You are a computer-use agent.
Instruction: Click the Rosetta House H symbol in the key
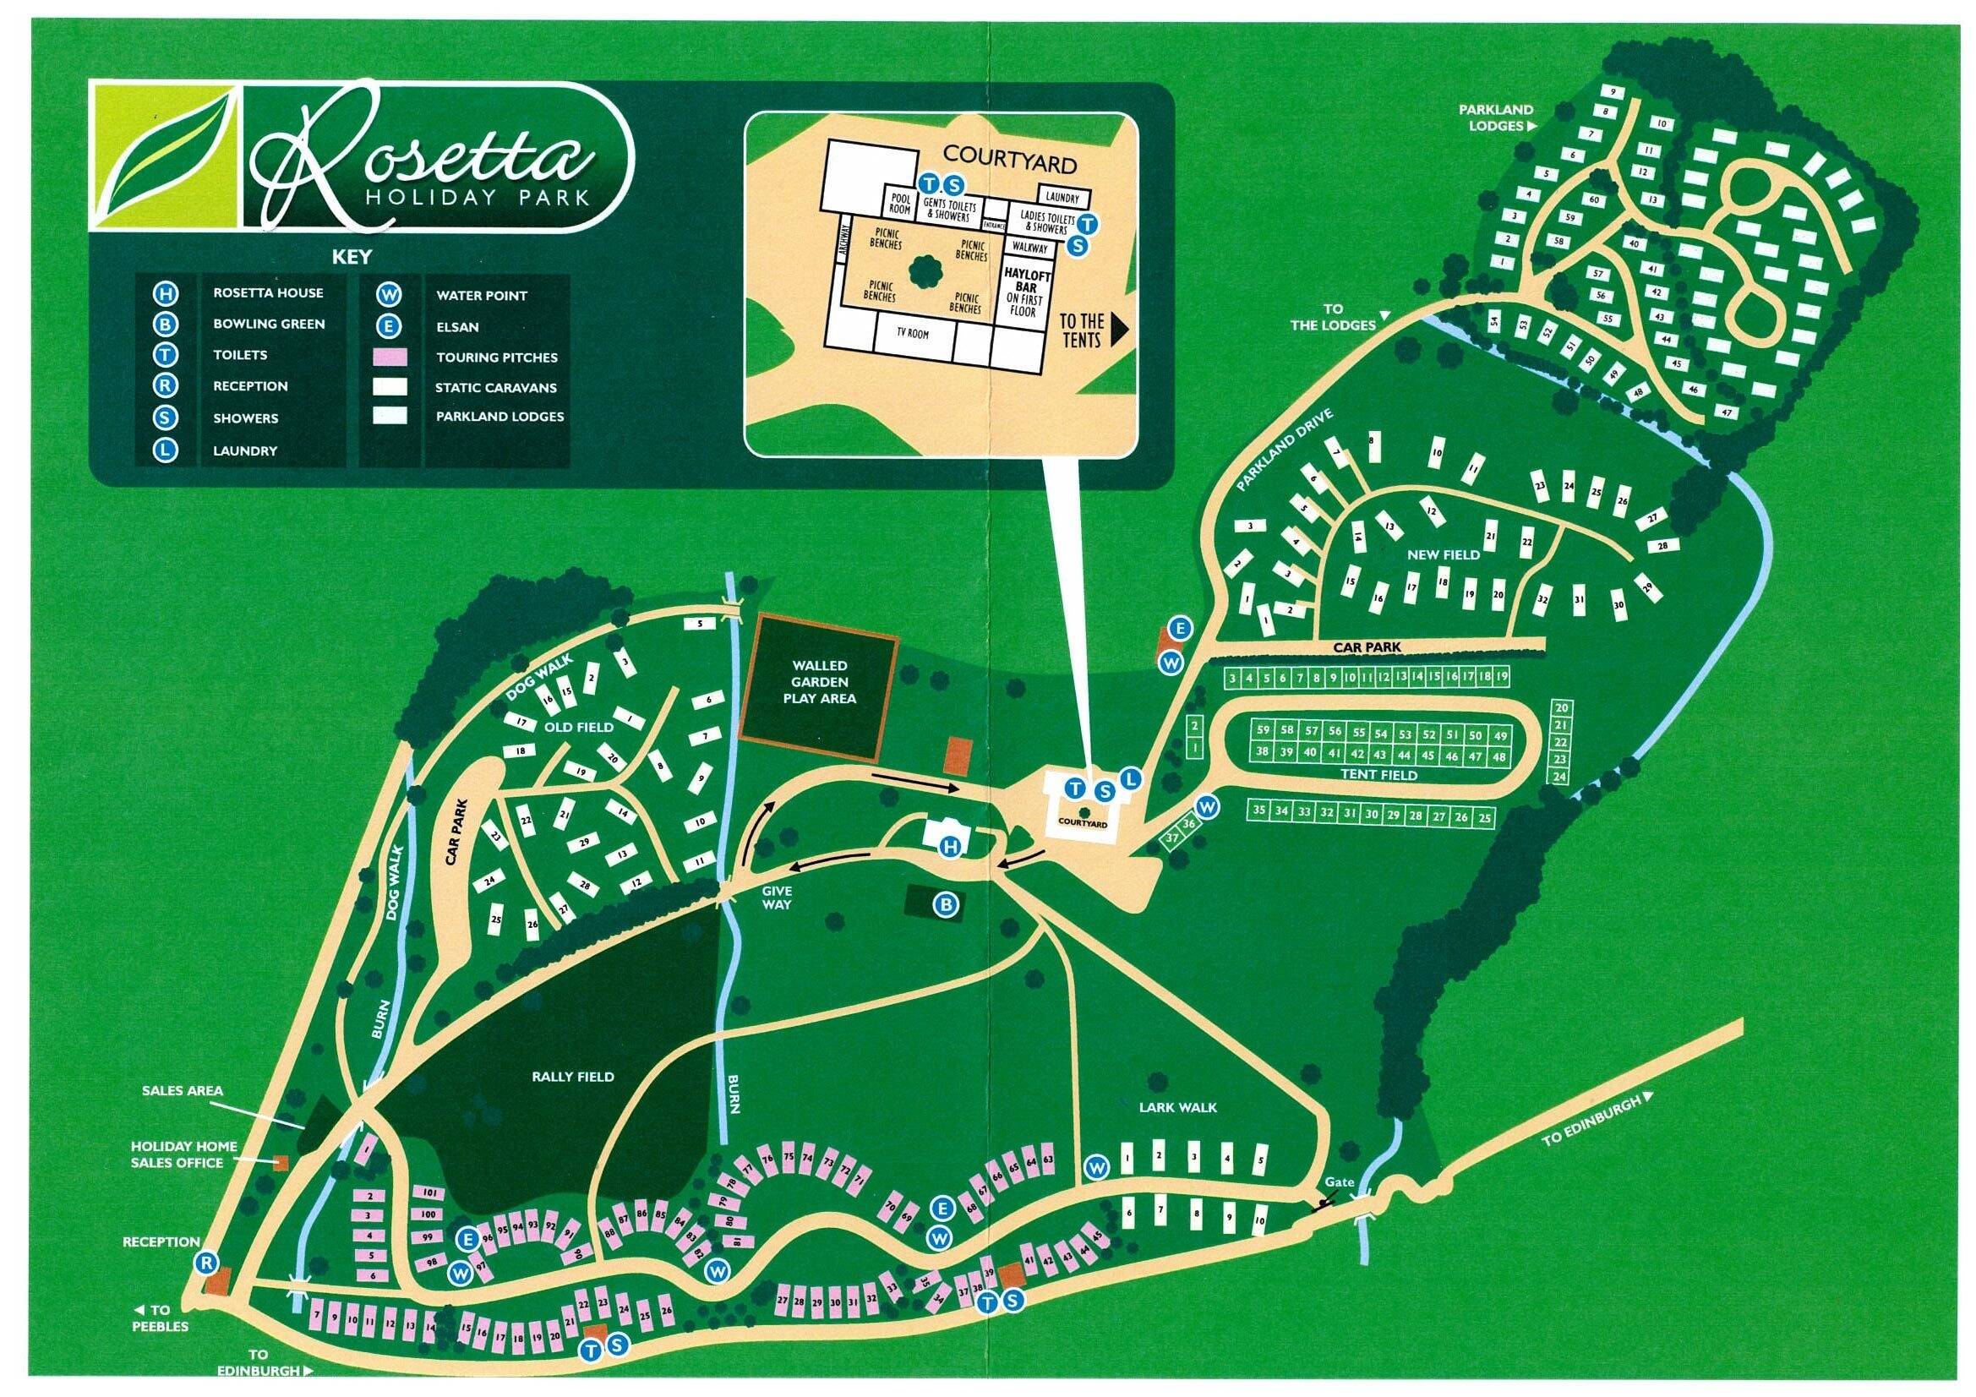(166, 293)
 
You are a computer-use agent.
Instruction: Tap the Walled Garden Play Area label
(819, 682)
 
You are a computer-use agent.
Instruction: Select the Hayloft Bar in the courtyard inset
(1023, 292)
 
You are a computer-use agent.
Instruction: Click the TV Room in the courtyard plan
(912, 333)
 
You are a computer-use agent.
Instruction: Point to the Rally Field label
(572, 1076)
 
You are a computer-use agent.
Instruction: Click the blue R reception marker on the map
(206, 1263)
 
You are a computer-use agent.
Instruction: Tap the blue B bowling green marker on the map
(947, 904)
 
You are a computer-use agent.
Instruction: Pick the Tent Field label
(1378, 775)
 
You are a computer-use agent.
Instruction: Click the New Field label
(1444, 555)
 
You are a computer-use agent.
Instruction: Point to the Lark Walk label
(1178, 1107)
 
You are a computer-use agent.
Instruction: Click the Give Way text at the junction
(776, 898)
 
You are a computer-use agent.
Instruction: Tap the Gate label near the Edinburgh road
(1339, 1181)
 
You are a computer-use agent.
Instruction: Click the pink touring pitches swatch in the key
(390, 357)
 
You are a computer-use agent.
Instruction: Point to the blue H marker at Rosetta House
(950, 847)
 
